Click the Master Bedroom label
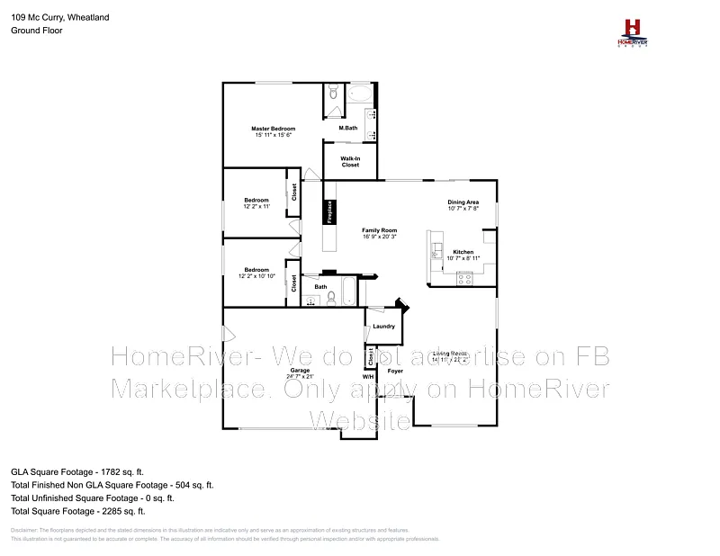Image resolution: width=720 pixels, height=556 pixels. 274,129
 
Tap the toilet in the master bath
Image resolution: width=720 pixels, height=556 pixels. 333,92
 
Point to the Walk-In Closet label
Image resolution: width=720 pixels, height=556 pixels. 350,162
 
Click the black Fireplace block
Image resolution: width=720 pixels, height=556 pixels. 330,211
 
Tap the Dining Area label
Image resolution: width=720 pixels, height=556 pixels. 463,202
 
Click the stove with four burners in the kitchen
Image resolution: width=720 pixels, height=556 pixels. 465,278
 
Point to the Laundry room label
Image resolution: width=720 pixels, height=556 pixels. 383,326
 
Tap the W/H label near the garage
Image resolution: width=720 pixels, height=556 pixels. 367,376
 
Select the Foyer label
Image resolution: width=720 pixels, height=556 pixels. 394,370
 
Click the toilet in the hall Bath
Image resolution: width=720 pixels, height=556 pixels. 330,298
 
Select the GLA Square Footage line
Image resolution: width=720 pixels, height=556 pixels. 77,471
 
